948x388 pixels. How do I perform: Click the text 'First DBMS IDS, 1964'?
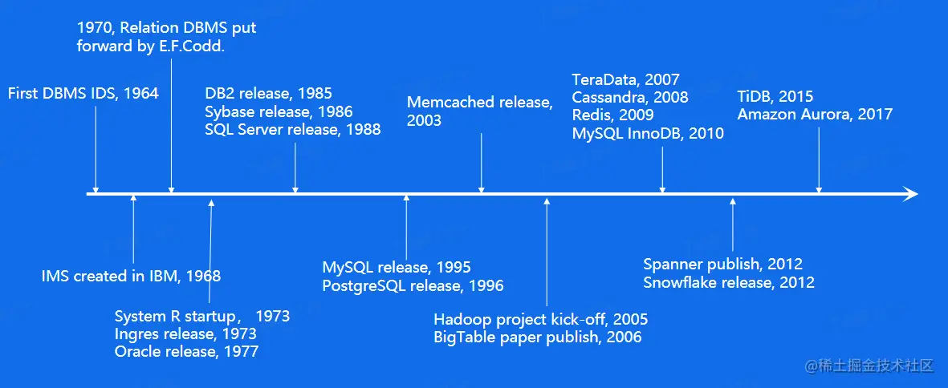(83, 93)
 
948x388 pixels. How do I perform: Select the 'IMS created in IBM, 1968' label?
(131, 277)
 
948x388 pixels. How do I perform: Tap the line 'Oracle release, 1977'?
(186, 351)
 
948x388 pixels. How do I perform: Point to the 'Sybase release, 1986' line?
(279, 111)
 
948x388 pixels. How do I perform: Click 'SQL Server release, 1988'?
(293, 129)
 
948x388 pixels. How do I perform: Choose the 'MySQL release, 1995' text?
(397, 267)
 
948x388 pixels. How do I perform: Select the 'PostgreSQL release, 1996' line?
(413, 285)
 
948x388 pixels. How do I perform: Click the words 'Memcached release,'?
(480, 102)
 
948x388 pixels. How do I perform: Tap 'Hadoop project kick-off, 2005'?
(541, 319)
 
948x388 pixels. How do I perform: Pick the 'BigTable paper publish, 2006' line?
(538, 337)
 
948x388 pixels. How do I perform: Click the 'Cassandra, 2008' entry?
(630, 97)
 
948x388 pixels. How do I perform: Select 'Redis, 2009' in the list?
(613, 115)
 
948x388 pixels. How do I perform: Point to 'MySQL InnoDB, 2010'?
(648, 133)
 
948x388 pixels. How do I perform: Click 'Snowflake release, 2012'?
(729, 282)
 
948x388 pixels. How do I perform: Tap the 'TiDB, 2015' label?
(775, 96)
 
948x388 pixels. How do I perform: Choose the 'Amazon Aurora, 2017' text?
(815, 114)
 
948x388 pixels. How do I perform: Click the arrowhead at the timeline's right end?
(910, 194)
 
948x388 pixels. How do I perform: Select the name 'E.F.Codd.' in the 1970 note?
(190, 47)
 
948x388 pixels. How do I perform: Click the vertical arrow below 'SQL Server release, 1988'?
(295, 168)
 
